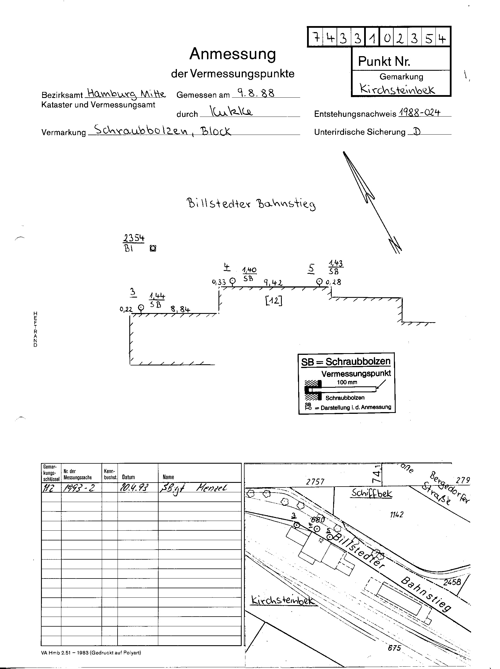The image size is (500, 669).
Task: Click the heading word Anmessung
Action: pyautogui.click(x=233, y=54)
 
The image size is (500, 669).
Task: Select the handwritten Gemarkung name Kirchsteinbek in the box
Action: pyautogui.click(x=397, y=89)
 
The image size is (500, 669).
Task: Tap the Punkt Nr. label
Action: pyautogui.click(x=384, y=62)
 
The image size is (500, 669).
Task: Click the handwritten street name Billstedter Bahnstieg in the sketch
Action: pyautogui.click(x=251, y=203)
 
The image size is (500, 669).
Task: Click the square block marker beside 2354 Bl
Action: pyautogui.click(x=153, y=249)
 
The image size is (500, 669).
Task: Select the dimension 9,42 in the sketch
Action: pyautogui.click(x=273, y=283)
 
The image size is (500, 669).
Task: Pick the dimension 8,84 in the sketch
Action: pyautogui.click(x=180, y=309)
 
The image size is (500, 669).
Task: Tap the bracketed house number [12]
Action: pyautogui.click(x=274, y=301)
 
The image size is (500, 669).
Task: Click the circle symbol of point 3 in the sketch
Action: pyautogui.click(x=141, y=308)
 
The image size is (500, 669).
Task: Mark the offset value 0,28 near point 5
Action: pyautogui.click(x=333, y=282)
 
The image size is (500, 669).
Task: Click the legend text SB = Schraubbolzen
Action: pyautogui.click(x=346, y=361)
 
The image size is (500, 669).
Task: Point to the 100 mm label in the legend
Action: pyautogui.click(x=347, y=382)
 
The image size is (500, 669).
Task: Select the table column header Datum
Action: pyautogui.click(x=128, y=477)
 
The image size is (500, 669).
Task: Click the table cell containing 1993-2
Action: pyautogui.click(x=79, y=488)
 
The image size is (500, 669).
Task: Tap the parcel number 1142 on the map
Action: pyautogui.click(x=397, y=515)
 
